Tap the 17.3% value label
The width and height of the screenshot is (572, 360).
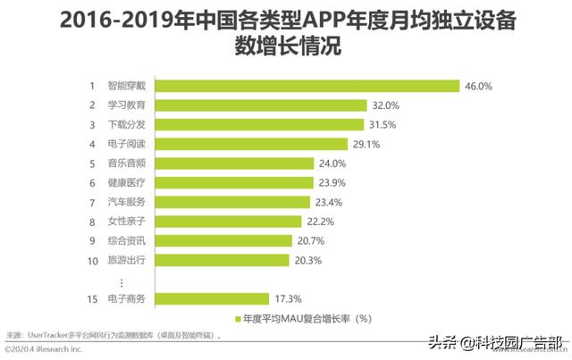coord(290,298)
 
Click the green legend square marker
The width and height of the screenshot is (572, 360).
coord(237,319)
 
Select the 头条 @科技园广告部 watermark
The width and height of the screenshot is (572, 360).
coord(493,342)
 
